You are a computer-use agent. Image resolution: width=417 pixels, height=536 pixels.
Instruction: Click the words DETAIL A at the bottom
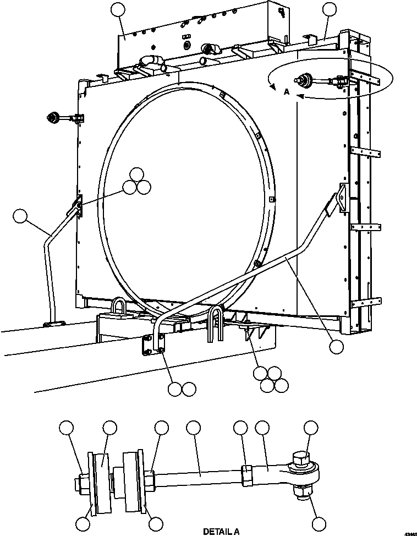(x=221, y=532)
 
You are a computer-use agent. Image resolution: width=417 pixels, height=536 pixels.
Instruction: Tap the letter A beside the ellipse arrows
(x=286, y=92)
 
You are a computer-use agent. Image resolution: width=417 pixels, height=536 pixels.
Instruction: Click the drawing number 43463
(x=410, y=534)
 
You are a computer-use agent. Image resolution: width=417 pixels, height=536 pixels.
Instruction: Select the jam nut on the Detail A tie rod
(x=247, y=475)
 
